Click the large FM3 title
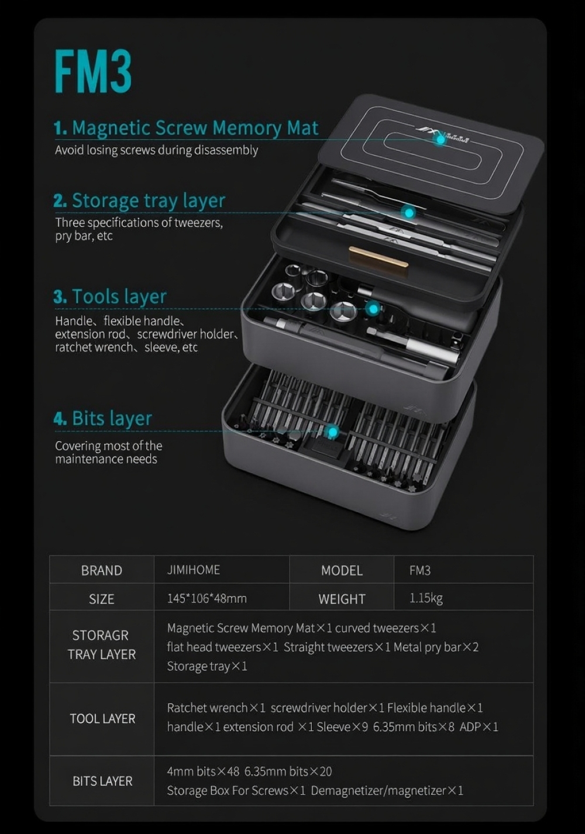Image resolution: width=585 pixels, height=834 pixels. [x=93, y=71]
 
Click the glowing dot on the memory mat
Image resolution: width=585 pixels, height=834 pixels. [x=441, y=140]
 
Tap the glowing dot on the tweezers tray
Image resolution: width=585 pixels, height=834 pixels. [x=409, y=213]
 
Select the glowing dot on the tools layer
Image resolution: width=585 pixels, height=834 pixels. [x=372, y=308]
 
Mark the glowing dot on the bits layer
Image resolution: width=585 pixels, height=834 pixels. [x=332, y=432]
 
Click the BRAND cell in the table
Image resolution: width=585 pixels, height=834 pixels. [x=102, y=570]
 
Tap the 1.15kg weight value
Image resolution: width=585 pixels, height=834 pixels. [x=426, y=599]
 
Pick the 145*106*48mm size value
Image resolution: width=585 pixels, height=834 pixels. [x=207, y=599]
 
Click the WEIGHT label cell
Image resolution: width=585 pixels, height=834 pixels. [x=342, y=599]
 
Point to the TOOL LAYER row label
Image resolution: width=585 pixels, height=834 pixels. [x=102, y=719]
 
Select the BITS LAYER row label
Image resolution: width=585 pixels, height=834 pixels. [x=102, y=781]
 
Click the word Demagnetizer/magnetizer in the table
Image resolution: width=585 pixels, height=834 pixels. [x=378, y=791]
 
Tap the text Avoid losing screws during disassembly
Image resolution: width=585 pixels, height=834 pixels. [x=156, y=150]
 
